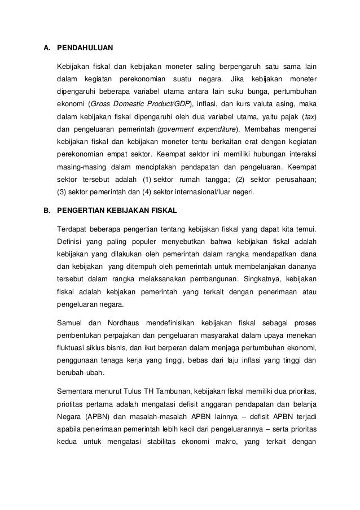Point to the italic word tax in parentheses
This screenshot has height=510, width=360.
point(308,116)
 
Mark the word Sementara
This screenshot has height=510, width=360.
point(77,391)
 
